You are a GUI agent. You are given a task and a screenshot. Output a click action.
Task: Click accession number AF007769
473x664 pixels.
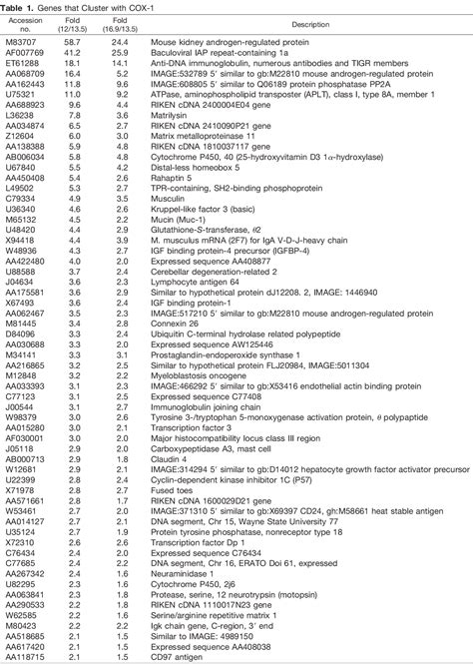click(25, 52)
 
